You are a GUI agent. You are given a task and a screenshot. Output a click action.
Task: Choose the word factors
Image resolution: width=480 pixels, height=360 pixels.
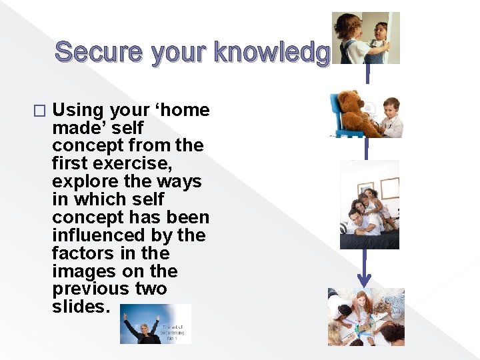83,253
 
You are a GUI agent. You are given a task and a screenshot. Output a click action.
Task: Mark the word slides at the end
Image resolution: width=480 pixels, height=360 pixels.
81,307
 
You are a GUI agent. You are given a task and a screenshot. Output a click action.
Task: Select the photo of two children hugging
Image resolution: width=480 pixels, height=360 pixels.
365,38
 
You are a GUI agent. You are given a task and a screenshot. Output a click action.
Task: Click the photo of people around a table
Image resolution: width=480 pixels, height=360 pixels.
366,317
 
